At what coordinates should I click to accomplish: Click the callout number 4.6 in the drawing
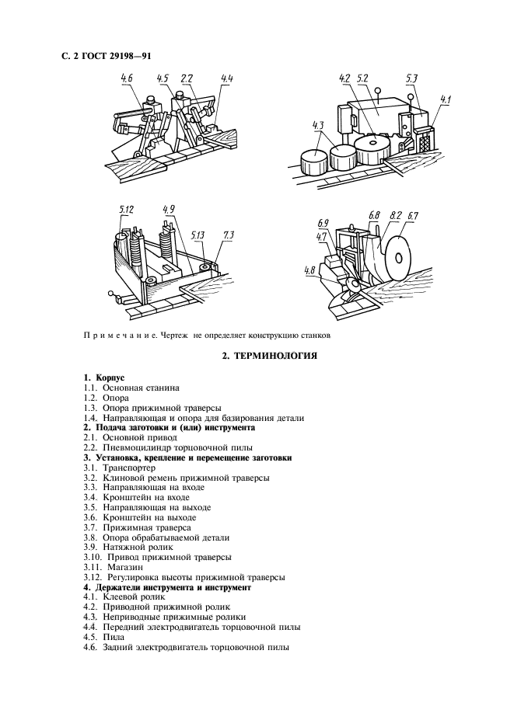pos(127,78)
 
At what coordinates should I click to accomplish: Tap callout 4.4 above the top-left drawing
pos(227,78)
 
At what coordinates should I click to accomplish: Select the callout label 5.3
pos(411,78)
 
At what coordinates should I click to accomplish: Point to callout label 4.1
pos(445,99)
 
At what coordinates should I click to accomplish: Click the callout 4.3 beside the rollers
pos(317,124)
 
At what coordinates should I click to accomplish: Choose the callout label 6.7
pos(413,215)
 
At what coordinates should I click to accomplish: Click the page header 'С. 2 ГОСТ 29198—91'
pos(110,57)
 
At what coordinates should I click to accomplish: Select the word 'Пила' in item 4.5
pos(114,637)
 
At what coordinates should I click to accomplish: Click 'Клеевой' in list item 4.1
pos(119,597)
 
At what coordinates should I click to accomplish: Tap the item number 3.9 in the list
pos(91,548)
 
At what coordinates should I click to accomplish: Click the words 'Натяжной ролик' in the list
pos(133,548)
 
